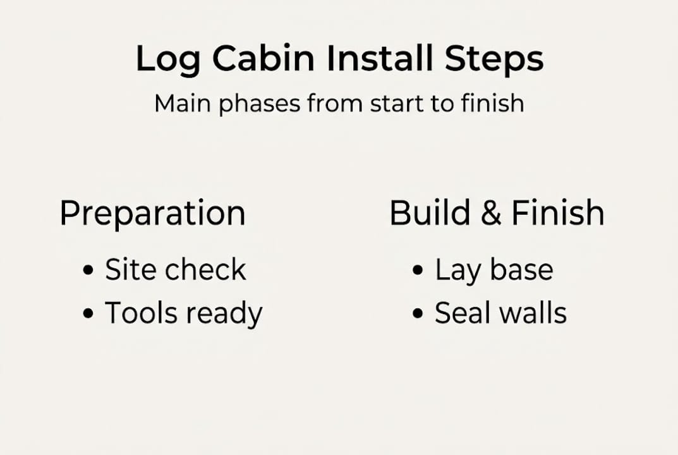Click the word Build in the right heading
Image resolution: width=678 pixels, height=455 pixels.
[x=429, y=213]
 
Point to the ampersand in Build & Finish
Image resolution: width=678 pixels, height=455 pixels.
[x=490, y=214]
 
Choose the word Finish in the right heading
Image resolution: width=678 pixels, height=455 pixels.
[x=557, y=213]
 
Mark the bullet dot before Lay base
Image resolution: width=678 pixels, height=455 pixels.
[x=417, y=271]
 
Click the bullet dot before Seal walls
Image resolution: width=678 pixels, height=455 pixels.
[x=417, y=313]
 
